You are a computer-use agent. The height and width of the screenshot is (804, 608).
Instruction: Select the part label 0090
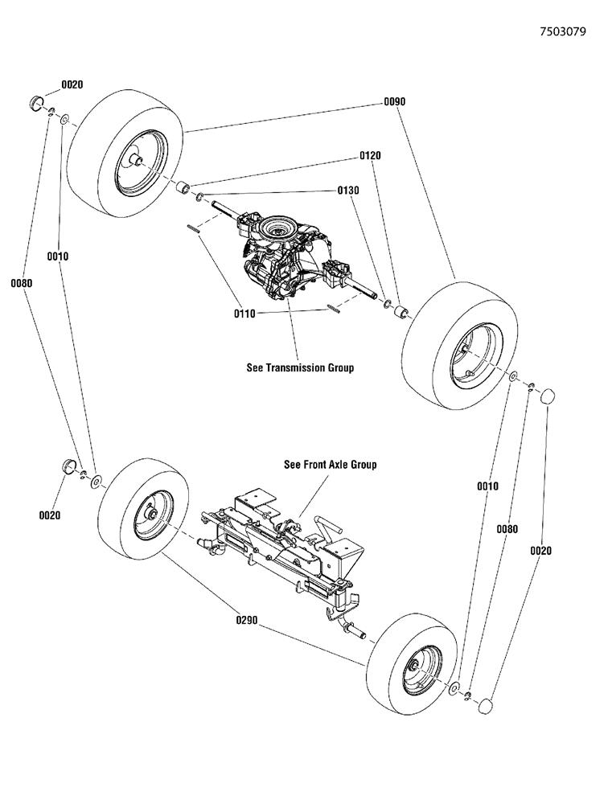394,102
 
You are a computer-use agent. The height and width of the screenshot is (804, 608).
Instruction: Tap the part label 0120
369,155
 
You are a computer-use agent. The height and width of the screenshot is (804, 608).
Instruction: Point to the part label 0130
347,191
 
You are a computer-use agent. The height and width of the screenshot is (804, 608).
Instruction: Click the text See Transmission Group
299,368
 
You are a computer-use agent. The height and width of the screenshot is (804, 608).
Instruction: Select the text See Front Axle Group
330,465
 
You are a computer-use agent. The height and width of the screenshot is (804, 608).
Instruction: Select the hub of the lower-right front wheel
413,664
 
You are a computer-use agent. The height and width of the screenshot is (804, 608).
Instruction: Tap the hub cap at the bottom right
485,705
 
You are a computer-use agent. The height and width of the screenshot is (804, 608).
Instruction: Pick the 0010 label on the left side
57,256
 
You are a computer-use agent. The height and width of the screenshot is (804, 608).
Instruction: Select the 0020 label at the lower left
50,516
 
